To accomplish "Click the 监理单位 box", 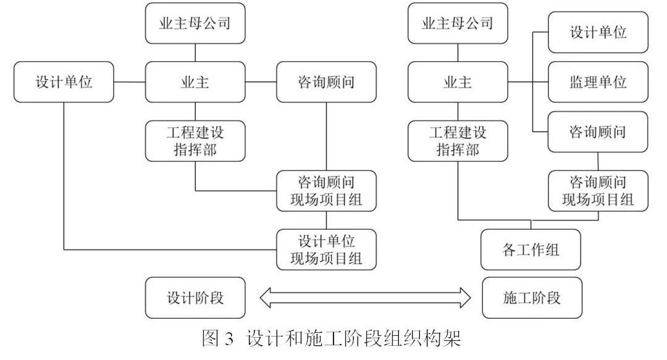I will pos(598,82).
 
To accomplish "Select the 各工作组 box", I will pos(531,249).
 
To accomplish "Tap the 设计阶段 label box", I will pos(195,298).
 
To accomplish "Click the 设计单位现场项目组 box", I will pos(327,249).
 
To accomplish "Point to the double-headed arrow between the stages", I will pos(364,298).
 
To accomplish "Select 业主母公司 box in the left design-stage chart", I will pos(195,23).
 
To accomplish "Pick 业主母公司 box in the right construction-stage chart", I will pos(458,23).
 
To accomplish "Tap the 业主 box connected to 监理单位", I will pos(458,82).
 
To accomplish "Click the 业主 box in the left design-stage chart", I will pos(195,82).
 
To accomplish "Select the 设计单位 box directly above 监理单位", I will pos(598,32).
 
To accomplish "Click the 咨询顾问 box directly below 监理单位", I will pos(598,132).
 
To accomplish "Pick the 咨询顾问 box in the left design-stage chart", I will pos(327,82).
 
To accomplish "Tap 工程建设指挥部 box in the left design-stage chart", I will pos(195,141).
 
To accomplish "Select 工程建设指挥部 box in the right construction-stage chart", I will pos(458,141).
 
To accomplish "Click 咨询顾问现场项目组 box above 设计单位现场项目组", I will pos(327,191).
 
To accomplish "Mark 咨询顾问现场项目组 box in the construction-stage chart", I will pos(598,191).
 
